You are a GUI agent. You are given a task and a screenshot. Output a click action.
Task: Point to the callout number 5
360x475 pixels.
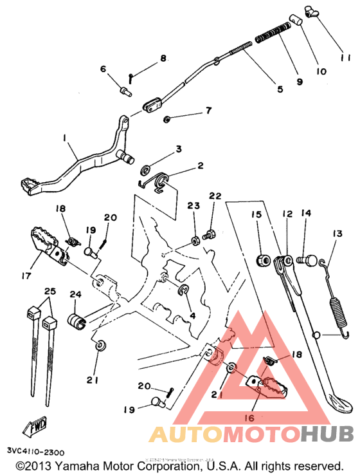280,89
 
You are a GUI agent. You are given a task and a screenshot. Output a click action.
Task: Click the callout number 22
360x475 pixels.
214,196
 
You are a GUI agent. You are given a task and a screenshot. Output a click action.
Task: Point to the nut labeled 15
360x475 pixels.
262,261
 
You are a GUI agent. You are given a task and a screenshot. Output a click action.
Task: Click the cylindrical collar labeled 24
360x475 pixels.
76,320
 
